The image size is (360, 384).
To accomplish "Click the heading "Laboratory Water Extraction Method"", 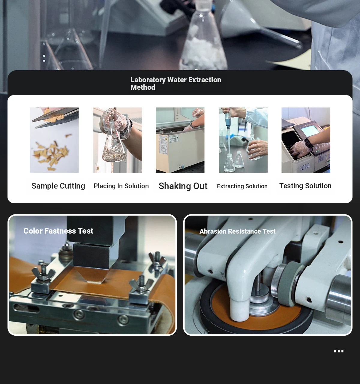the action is [176, 83].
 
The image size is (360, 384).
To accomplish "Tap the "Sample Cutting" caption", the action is [58, 186].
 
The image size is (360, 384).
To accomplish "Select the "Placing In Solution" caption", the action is [121, 186].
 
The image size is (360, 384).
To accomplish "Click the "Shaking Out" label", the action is [183, 186].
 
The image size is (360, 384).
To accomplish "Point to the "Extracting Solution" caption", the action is [242, 186].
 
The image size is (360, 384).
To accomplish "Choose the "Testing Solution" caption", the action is [305, 186].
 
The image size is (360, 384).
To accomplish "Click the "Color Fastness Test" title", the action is [58, 231].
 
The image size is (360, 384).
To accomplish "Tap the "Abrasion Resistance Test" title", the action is [237, 231].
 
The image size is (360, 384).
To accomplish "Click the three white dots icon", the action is [339, 351].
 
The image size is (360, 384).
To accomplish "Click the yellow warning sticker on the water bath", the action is [166, 139].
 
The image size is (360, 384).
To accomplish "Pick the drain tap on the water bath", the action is [181, 167].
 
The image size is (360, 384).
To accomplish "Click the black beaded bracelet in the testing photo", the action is [309, 143].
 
